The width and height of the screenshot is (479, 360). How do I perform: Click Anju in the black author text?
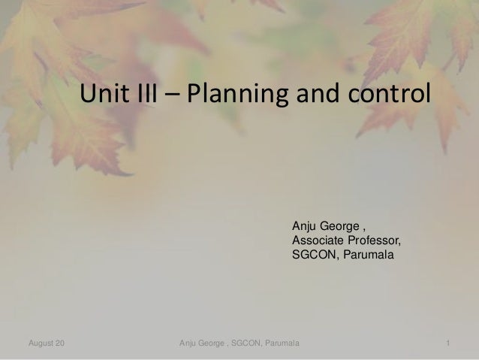point(304,226)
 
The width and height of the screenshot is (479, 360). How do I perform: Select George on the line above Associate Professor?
point(339,226)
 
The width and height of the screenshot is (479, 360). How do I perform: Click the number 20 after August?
point(59,344)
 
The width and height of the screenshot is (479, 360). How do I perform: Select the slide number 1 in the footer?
point(447,344)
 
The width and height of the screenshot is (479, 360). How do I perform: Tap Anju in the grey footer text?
point(189,344)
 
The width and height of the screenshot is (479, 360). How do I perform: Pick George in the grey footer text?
point(214,344)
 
